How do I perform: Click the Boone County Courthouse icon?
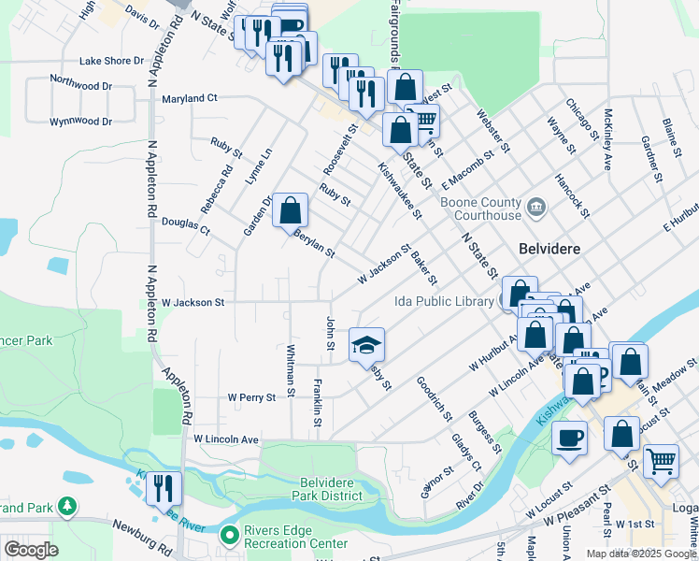click(536, 206)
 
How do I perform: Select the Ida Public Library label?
click(443, 302)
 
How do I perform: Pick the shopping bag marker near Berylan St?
click(291, 210)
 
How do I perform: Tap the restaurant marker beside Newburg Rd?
click(164, 487)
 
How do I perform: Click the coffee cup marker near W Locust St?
click(569, 438)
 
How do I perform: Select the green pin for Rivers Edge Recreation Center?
click(228, 535)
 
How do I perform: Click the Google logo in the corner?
click(31, 550)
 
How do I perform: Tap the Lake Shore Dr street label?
click(112, 61)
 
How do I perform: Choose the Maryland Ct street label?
click(189, 97)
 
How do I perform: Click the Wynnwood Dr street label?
click(80, 122)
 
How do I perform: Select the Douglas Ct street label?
click(186, 224)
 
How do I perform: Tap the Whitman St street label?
click(292, 367)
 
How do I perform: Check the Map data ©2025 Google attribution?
click(641, 554)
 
